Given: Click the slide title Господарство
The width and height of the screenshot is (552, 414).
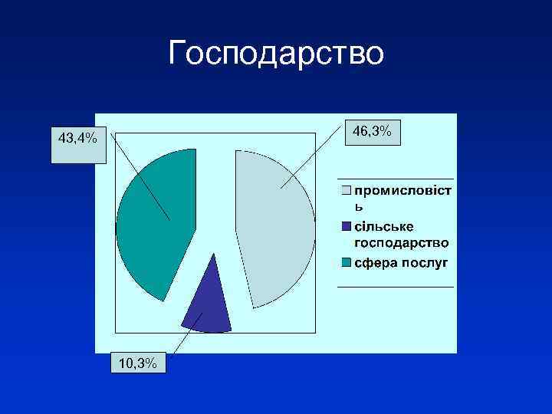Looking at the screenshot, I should click(x=275, y=54).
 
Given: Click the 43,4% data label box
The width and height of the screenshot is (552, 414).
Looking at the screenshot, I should click(x=78, y=139).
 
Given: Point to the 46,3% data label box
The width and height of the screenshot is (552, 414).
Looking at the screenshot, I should click(x=372, y=133).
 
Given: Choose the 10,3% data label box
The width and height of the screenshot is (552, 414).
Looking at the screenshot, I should click(x=139, y=363).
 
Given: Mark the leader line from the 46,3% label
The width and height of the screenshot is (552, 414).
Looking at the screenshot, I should click(x=310, y=160).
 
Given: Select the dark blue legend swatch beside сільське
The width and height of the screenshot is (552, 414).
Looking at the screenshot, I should click(x=347, y=226).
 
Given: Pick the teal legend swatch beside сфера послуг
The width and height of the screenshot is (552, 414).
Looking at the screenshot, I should click(x=347, y=263).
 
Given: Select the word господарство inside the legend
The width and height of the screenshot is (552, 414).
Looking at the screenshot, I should click(x=402, y=243).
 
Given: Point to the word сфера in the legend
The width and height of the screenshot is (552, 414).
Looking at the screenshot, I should click(x=373, y=263).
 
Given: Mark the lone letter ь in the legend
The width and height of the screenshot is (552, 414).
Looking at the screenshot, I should click(x=358, y=206).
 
